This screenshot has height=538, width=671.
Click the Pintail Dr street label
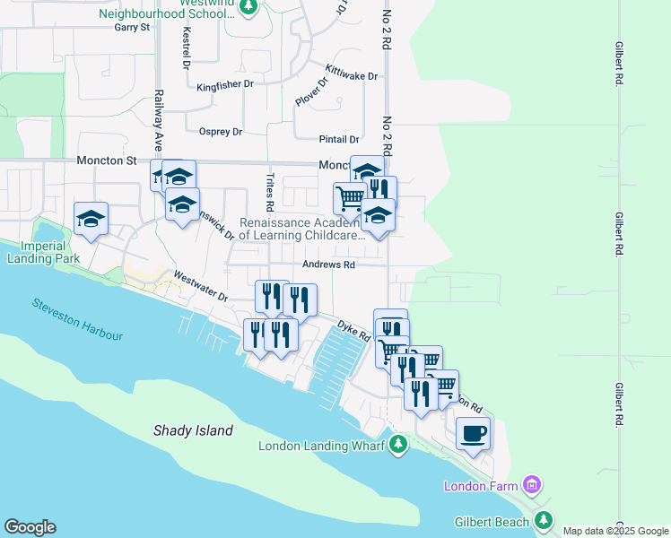pos(339,140)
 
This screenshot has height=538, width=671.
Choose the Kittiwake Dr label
pos(352,75)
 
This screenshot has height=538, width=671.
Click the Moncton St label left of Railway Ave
pos(106,161)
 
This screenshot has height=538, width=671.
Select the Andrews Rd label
pos(328,265)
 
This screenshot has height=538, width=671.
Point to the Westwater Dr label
pos(201,286)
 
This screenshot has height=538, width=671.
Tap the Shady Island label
pos(193,430)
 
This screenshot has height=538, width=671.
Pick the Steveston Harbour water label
pos(77,319)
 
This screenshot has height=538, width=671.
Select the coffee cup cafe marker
pos(473,435)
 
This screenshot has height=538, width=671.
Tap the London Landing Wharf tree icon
pos(397,446)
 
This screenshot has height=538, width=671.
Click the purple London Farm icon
pos(532,486)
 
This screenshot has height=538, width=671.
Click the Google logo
pos(30,527)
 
